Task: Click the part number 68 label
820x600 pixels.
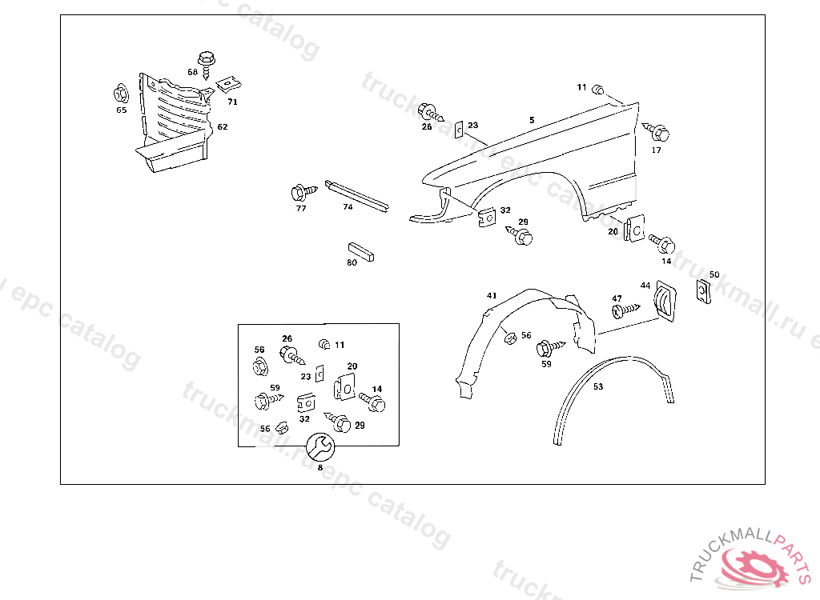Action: [192, 72]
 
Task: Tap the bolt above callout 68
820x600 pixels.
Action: [207, 61]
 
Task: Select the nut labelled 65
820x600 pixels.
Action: [121, 94]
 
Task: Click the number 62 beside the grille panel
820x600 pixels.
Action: [223, 126]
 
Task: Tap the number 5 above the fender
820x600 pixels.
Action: [531, 120]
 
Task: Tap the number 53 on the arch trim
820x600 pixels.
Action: [598, 386]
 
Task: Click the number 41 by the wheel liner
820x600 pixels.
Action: [492, 296]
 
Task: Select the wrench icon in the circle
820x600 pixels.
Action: [321, 446]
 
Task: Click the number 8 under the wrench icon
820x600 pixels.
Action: [320, 468]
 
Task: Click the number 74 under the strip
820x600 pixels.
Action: [348, 206]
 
